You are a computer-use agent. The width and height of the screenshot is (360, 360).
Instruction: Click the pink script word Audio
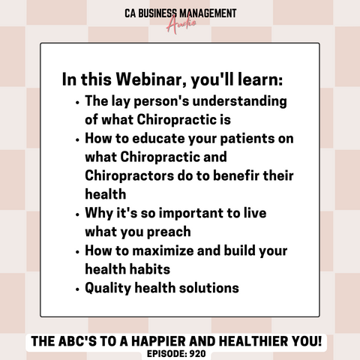[181, 24]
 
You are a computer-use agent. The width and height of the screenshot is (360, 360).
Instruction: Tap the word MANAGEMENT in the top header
[208, 13]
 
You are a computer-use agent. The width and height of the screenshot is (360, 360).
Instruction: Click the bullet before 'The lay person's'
[77, 103]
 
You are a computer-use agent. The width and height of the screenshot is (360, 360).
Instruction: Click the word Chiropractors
[129, 175]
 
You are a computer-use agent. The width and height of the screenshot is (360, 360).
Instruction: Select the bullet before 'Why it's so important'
[77, 214]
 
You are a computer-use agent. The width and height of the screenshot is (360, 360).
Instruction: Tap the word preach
[169, 232]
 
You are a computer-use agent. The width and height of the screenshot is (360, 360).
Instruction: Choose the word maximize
[163, 250]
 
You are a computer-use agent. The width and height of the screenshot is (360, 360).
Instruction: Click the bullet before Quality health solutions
[77, 289]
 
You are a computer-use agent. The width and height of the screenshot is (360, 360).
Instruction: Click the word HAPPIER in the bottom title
[158, 341]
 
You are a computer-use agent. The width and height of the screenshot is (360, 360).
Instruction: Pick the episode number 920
[198, 354]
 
